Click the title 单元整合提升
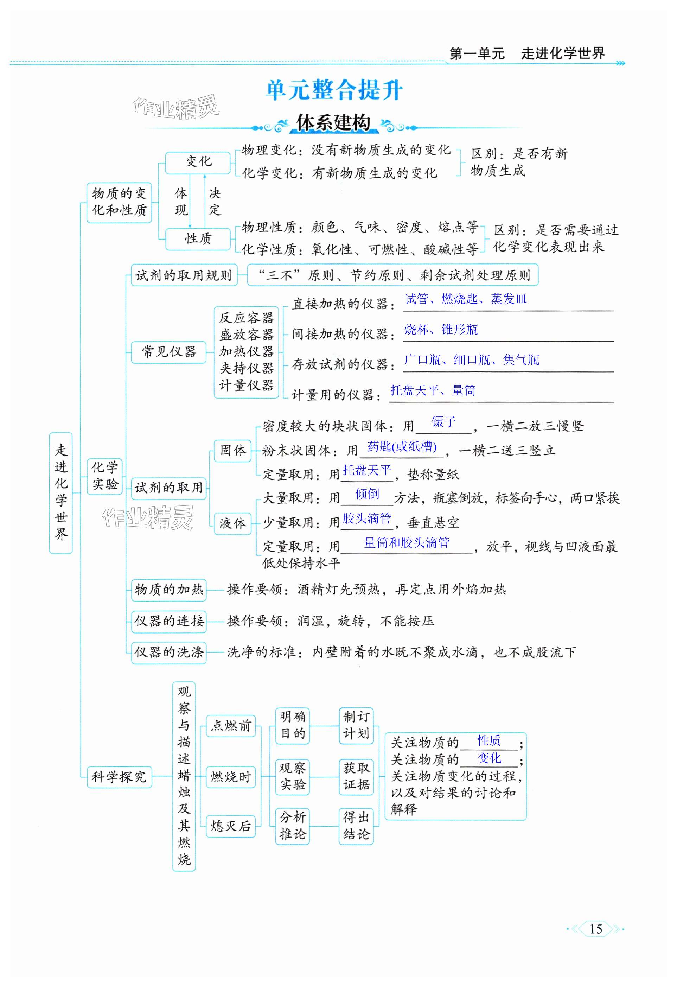[334, 90]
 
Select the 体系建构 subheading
[333, 123]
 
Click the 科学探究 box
[119, 777]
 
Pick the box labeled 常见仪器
[169, 352]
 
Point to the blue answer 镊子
[444, 422]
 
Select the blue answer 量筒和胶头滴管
[406, 543]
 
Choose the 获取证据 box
[356, 776]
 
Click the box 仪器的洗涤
[169, 652]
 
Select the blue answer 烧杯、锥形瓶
[441, 330]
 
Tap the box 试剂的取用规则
[184, 275]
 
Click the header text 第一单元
[477, 54]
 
